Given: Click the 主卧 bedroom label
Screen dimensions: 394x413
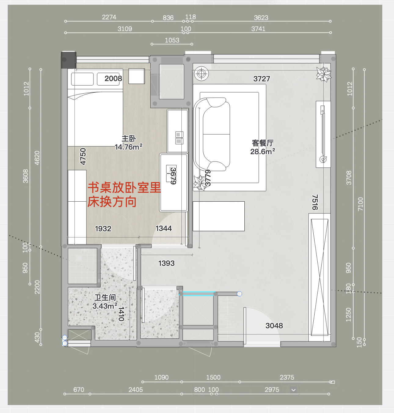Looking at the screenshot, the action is coord(129,139).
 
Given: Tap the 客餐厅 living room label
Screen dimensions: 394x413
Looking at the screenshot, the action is coord(263,143).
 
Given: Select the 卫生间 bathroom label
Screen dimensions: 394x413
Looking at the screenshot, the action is coord(105,298).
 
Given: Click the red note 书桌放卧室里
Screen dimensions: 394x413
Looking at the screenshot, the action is coord(124,188).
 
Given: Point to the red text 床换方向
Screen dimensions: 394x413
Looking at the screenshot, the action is coord(112,202).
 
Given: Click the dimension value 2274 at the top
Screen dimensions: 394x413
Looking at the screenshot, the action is coord(109,17).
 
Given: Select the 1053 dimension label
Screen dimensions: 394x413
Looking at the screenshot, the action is coord(172,40).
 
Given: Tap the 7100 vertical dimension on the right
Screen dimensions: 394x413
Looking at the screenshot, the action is coord(360,204).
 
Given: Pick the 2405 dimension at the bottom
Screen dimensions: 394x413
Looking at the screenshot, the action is coord(136,390).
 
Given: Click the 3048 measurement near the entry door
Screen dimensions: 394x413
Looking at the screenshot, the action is coord(274,326).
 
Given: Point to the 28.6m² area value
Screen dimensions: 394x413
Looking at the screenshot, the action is coord(263,151).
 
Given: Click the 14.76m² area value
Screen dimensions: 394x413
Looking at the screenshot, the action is coord(129,147).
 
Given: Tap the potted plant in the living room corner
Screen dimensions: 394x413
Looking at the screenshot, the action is coord(324,74).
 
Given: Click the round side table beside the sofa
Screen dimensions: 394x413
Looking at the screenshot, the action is coord(202,74).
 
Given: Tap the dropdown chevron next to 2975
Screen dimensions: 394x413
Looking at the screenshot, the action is coord(294,390).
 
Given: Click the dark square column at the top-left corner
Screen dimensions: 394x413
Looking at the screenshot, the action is coord(69,60).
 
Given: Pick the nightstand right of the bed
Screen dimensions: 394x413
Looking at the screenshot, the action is coord(137,76).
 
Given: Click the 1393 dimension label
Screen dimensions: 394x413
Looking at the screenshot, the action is coord(166,263).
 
